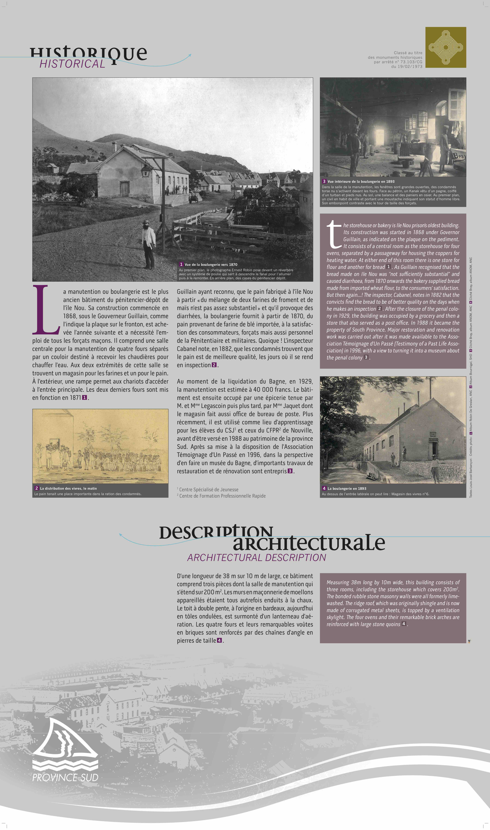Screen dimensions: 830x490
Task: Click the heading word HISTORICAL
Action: [72, 64]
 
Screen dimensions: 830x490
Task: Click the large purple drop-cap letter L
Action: [46, 310]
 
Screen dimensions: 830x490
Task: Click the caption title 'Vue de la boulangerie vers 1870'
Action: [211, 264]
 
